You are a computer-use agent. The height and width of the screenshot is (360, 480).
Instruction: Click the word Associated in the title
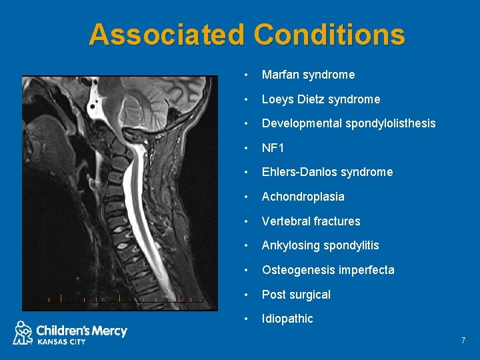(x=167, y=35)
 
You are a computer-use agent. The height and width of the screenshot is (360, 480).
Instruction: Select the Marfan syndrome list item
(x=308, y=75)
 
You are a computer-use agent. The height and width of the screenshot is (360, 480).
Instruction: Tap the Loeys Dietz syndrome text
(x=321, y=99)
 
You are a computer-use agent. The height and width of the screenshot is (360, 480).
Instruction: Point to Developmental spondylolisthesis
(x=348, y=123)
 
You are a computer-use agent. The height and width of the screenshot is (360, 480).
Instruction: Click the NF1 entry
(x=273, y=148)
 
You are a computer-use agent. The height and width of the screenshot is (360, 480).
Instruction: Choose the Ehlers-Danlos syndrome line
(x=327, y=172)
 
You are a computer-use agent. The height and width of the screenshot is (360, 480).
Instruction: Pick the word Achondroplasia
(x=303, y=197)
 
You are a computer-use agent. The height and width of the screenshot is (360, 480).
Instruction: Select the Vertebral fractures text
(x=311, y=221)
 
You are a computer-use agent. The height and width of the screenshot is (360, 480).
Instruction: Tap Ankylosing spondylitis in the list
(x=320, y=245)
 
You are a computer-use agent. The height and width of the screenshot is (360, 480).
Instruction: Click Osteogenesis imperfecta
(x=327, y=270)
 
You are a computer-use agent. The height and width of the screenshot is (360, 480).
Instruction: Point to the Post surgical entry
(x=296, y=295)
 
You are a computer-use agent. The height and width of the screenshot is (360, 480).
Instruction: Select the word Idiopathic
(x=287, y=319)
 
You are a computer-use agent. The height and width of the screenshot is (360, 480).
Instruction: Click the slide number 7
(x=463, y=341)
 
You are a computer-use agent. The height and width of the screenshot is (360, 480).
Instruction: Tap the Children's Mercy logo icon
(x=23, y=332)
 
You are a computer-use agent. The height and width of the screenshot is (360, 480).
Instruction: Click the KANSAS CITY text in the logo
(x=61, y=341)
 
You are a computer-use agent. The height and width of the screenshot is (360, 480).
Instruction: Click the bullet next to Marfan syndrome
(x=247, y=75)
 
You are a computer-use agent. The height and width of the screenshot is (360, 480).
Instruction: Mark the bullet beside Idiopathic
(x=247, y=319)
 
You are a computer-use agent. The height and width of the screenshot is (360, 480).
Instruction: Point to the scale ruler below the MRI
(x=120, y=299)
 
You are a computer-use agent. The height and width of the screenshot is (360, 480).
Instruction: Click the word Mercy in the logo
(x=109, y=330)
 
